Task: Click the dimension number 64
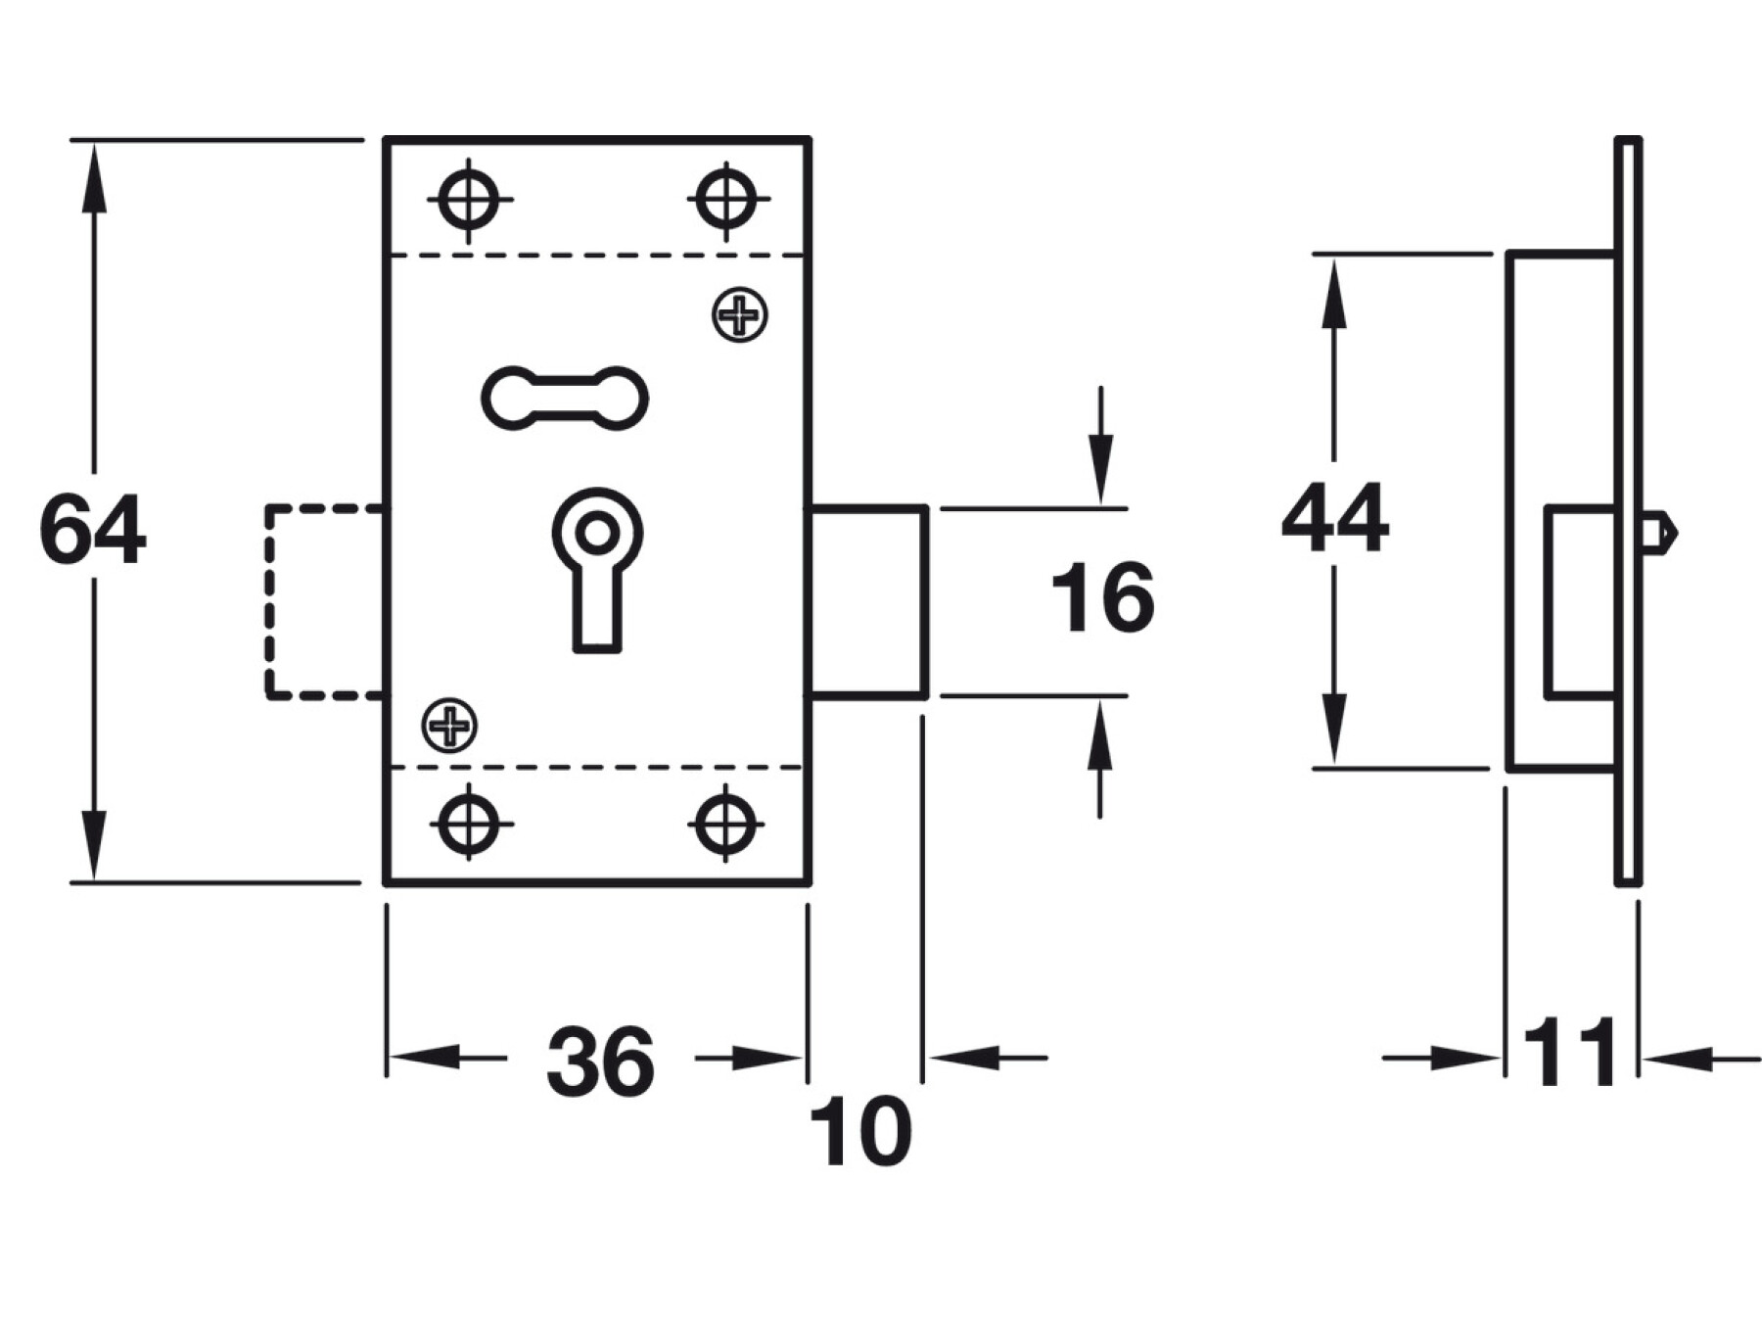[x=93, y=530]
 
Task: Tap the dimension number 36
[x=600, y=1061]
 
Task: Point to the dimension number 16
[x=1103, y=597]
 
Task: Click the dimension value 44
[x=1334, y=518]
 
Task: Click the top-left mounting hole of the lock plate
[x=469, y=200]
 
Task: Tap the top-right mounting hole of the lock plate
[x=726, y=200]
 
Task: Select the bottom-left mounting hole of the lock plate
[x=469, y=824]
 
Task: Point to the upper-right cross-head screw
[x=740, y=314]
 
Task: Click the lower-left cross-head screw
[x=450, y=726]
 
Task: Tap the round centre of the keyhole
[x=596, y=534]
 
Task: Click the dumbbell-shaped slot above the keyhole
[x=565, y=398]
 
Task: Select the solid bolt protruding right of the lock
[x=867, y=601]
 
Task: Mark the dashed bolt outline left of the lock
[x=268, y=601]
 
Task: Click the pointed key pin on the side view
[x=1659, y=533]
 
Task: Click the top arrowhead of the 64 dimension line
[x=93, y=177]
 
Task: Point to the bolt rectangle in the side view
[x=1580, y=602]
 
